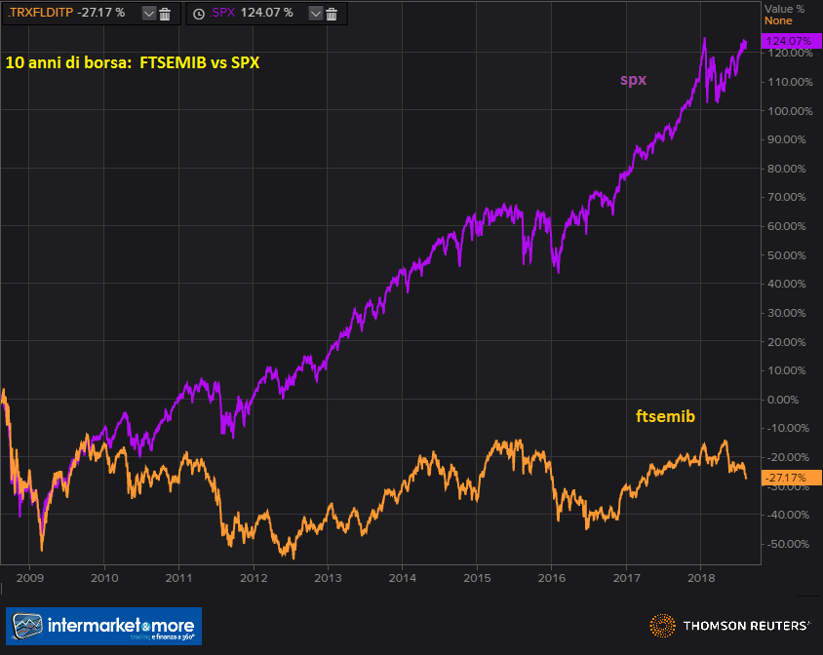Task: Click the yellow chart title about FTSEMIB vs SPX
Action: (x=137, y=61)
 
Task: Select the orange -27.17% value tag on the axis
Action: (x=785, y=478)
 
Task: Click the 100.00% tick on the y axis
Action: (x=786, y=110)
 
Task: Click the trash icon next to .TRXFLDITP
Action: (x=165, y=14)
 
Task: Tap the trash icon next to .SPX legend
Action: (x=332, y=14)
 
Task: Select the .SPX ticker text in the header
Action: (x=223, y=14)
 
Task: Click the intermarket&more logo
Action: (x=104, y=626)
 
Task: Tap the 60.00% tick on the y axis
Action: (x=786, y=225)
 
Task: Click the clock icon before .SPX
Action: (x=199, y=14)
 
